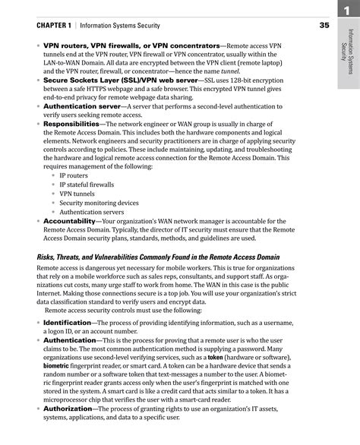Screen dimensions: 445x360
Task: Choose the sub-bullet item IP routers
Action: tap(74, 175)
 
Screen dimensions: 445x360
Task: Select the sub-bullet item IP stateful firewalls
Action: tap(86, 184)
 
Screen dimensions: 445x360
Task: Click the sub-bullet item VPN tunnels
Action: tap(77, 194)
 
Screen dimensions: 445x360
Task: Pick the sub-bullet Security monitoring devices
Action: tap(99, 203)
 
